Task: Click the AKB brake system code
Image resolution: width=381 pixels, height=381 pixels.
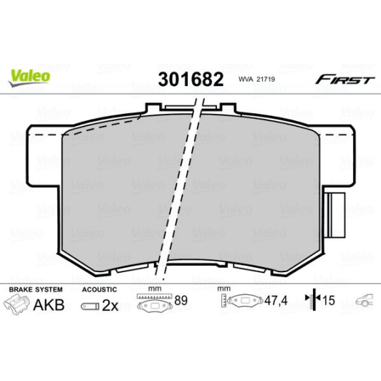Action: click(x=49, y=306)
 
